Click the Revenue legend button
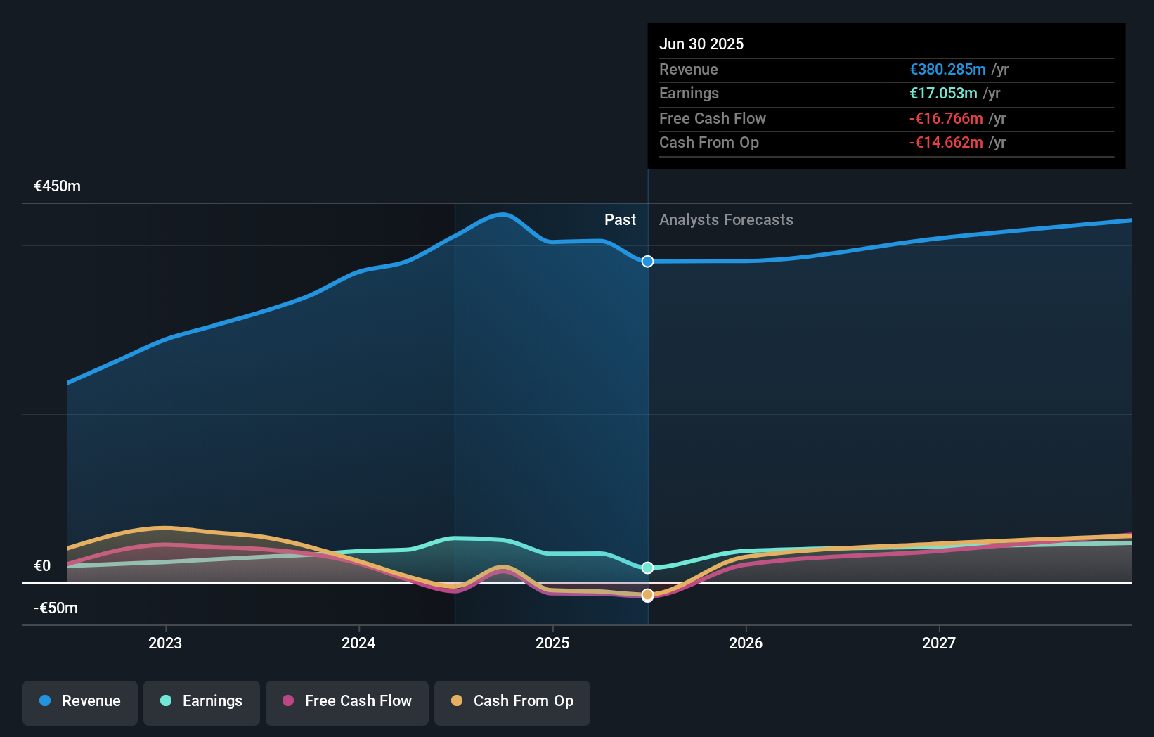[x=80, y=701]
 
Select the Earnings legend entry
[x=202, y=701]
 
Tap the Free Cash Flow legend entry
[x=347, y=701]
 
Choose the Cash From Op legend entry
[x=512, y=701]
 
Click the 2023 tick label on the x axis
[x=165, y=643]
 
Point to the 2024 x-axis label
[x=358, y=643]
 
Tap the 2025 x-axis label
[x=552, y=643]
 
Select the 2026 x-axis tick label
[x=746, y=643]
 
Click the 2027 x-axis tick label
[x=939, y=643]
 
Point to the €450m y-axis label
[x=58, y=186]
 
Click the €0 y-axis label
[x=43, y=566]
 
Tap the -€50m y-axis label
[x=56, y=608]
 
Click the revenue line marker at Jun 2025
[x=648, y=262]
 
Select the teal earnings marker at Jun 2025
[x=648, y=568]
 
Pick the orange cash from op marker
[x=648, y=595]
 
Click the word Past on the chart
[x=620, y=220]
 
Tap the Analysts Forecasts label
[x=726, y=220]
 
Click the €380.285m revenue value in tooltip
[x=947, y=70]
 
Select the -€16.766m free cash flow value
[x=946, y=119]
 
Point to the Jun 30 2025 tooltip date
[x=701, y=44]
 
